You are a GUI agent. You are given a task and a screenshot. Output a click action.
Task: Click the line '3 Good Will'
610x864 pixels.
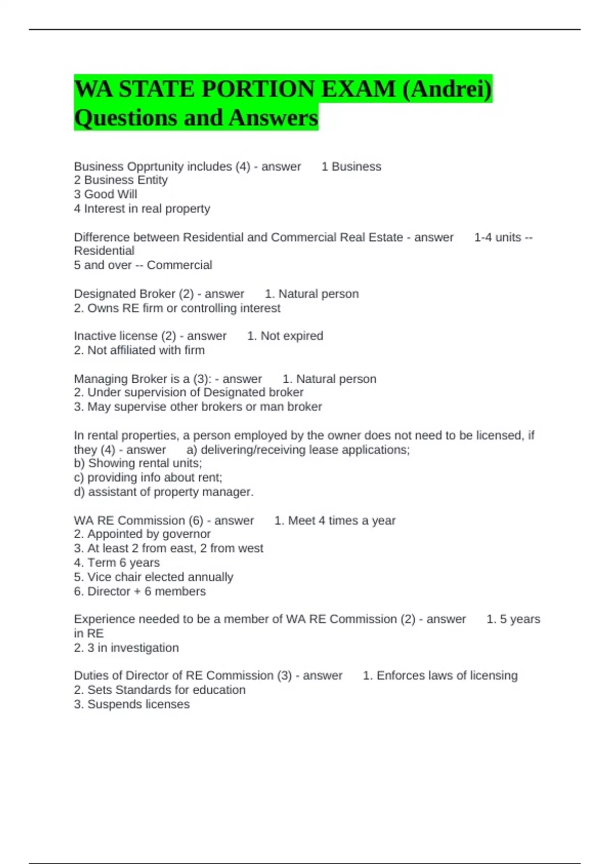coord(106,194)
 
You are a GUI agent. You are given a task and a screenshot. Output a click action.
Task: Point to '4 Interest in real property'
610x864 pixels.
coord(142,208)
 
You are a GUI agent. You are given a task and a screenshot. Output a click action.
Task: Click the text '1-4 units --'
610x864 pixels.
coord(503,237)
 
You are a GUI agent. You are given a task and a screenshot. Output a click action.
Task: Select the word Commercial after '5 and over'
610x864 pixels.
coord(179,265)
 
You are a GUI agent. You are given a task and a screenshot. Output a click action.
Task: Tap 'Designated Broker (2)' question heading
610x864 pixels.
coord(134,294)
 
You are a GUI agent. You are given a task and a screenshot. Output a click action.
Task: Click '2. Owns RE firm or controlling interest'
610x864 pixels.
coord(177,308)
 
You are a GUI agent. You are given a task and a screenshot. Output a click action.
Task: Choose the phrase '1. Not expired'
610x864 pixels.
coord(285,336)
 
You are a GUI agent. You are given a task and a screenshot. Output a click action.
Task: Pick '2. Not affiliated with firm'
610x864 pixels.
coord(139,350)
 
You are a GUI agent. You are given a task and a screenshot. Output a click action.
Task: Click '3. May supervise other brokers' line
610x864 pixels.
coord(198,407)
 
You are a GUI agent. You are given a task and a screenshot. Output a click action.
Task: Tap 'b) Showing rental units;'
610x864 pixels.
coord(138,463)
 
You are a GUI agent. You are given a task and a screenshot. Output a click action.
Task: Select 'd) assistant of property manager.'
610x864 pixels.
coord(164,492)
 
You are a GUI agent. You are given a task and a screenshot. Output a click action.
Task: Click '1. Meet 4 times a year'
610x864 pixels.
coord(335,520)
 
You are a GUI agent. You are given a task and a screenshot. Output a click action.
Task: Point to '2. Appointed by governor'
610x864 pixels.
coord(142,534)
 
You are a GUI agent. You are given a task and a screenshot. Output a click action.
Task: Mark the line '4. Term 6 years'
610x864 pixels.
coord(116,563)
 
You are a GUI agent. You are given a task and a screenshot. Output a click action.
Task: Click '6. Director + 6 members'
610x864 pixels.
coord(140,591)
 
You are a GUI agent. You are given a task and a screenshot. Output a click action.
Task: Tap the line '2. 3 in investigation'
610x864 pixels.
coord(126,647)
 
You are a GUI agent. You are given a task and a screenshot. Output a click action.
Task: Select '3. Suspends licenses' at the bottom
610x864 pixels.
coord(132,704)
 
